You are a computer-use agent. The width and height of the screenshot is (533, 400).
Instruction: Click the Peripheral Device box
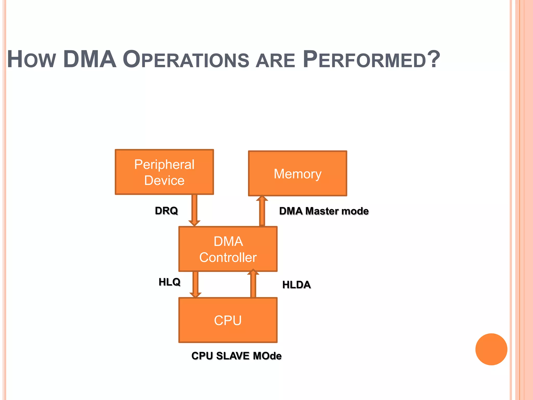click(164, 172)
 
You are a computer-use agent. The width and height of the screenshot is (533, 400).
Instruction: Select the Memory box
click(297, 173)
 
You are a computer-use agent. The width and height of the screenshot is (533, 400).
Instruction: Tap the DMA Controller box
click(228, 249)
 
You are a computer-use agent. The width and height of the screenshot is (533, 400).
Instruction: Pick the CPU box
click(228, 320)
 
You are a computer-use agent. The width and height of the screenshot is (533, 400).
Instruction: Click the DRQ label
click(166, 210)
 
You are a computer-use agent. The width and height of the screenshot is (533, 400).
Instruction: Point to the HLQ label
click(169, 282)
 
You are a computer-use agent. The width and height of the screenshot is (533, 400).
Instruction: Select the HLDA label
click(296, 285)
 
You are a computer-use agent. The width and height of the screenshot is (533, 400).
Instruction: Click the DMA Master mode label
click(324, 211)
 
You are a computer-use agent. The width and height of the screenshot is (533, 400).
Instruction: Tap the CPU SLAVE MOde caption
click(236, 356)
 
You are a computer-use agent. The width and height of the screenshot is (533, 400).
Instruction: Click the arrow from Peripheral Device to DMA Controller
click(194, 210)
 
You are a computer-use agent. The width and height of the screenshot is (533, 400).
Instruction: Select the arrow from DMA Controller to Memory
click(262, 211)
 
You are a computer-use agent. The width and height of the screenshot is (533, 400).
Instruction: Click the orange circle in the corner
click(491, 349)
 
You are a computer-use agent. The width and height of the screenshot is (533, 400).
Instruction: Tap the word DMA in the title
click(90, 59)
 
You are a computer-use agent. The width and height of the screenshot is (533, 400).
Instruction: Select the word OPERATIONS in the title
click(186, 60)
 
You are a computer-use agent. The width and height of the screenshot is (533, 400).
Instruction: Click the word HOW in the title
click(31, 60)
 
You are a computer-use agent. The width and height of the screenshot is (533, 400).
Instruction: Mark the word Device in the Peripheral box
click(164, 180)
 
